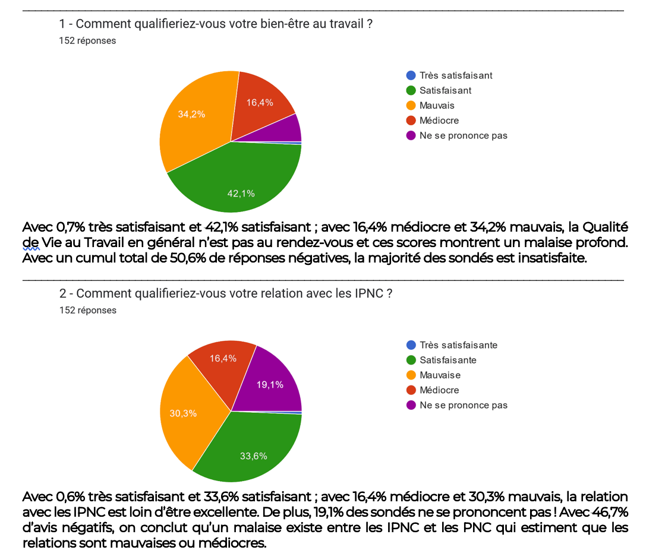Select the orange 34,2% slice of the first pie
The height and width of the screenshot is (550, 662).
(x=193, y=119)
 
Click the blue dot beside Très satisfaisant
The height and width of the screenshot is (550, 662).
(x=411, y=75)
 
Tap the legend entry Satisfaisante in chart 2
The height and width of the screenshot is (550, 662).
(x=447, y=360)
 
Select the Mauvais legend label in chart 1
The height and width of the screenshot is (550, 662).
(x=437, y=105)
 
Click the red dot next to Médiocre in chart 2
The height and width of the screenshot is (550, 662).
(x=411, y=390)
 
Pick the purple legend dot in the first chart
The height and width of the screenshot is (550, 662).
(x=411, y=135)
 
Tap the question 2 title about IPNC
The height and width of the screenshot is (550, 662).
(x=225, y=293)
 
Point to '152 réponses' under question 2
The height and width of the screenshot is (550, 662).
(x=88, y=310)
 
